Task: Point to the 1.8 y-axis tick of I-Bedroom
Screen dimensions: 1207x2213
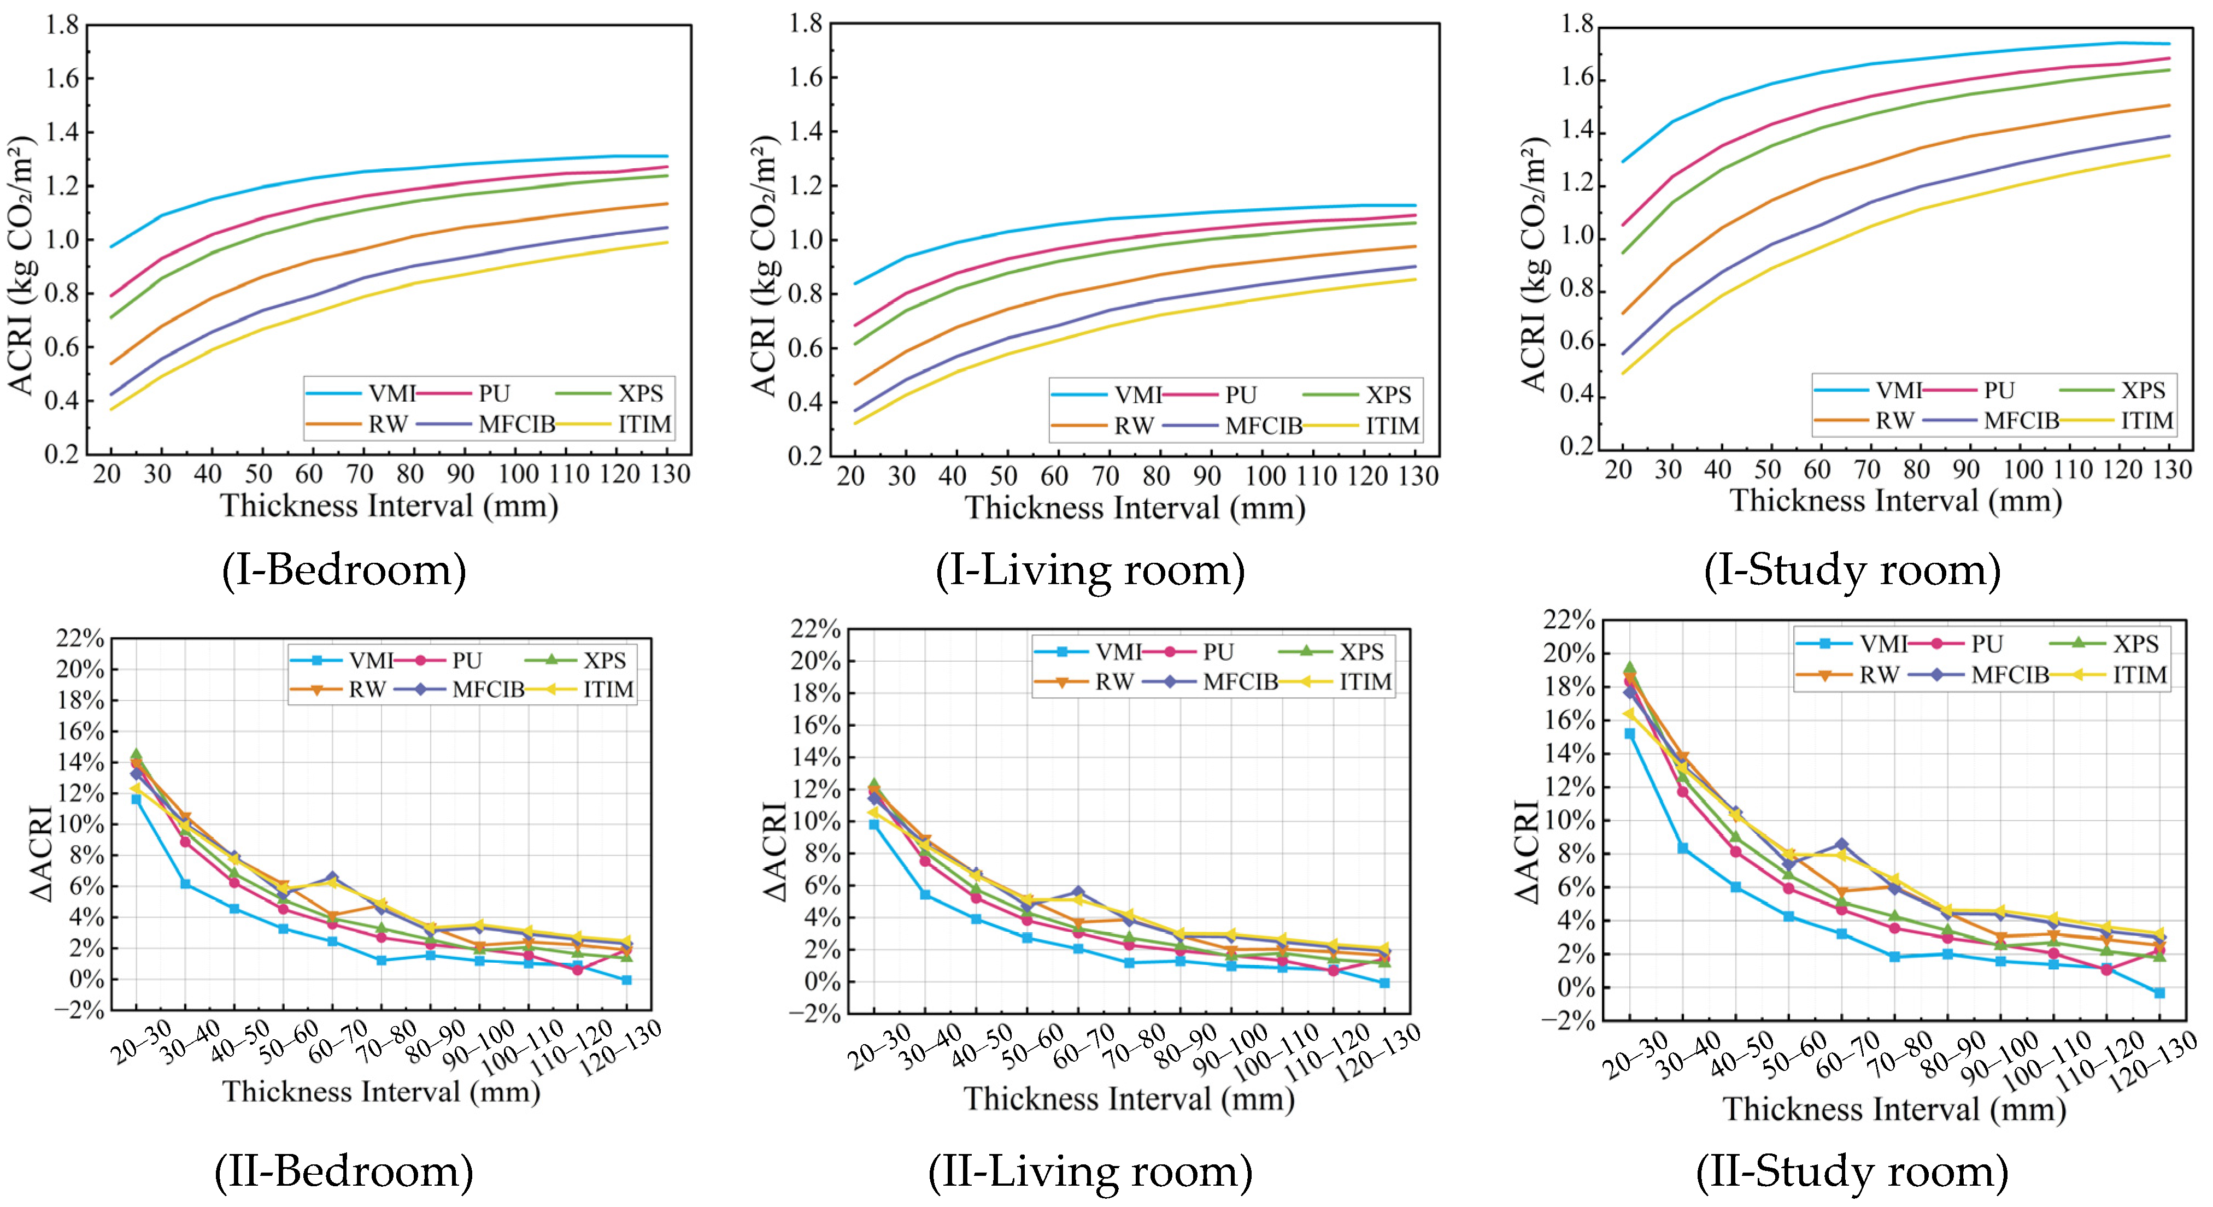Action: [x=62, y=26]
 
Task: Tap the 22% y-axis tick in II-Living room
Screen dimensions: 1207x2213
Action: [x=815, y=629]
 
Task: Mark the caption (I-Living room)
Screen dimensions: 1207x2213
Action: [x=1090, y=569]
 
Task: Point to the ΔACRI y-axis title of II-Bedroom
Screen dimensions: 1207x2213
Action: [x=41, y=853]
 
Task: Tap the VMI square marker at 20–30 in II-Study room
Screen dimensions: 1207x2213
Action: [x=1630, y=734]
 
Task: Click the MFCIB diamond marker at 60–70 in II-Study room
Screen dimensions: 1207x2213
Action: [x=1841, y=845]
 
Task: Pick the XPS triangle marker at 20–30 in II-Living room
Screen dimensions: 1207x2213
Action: [x=874, y=784]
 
